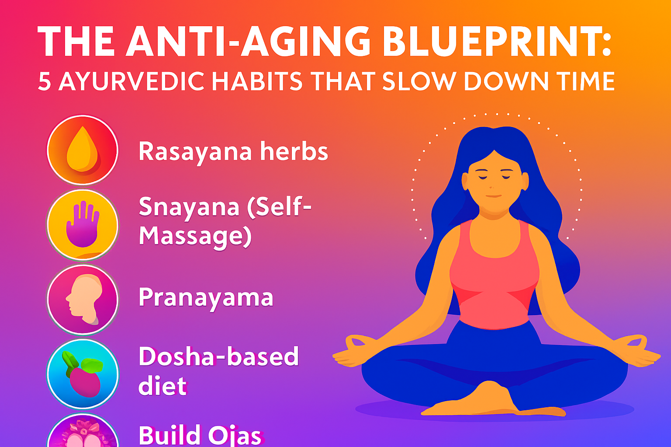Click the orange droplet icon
click(x=82, y=150)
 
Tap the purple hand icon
click(x=82, y=224)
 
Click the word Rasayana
click(x=195, y=152)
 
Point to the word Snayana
click(x=189, y=207)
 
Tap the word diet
click(x=162, y=386)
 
